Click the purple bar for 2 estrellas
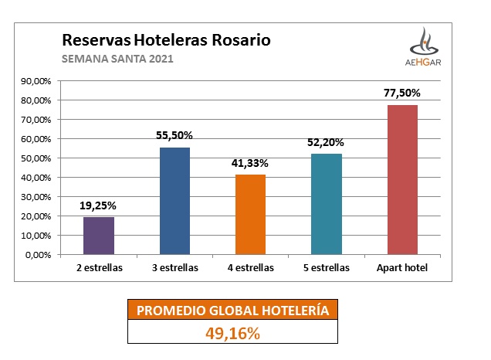[99, 235]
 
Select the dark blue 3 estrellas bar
[174, 201]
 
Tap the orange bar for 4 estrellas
[250, 214]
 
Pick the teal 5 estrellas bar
[326, 204]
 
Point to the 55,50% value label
[174, 135]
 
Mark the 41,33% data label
[250, 163]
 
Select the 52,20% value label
[326, 142]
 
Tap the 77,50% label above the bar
[401, 93]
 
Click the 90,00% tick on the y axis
[36, 81]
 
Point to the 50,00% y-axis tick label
[36, 158]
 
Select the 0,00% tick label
[38, 255]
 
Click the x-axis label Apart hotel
[401, 268]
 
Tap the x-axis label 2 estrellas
[99, 268]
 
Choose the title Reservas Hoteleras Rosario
[165, 39]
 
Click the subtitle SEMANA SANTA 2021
[117, 59]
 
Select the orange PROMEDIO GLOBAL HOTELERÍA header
[232, 311]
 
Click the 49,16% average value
[232, 333]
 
